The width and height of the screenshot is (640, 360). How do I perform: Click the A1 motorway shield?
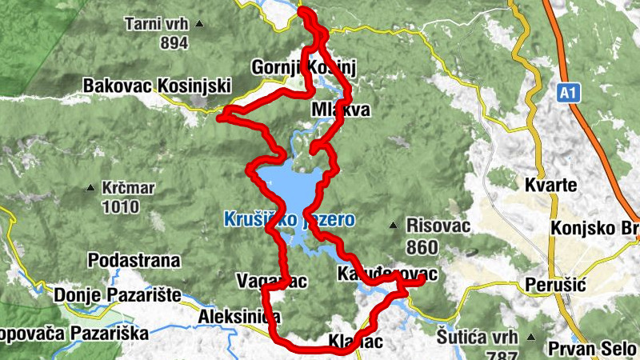pyautogui.click(x=567, y=94)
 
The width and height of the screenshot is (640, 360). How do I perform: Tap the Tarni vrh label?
pyautogui.click(x=156, y=24)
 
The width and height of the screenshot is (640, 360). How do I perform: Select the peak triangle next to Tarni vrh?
pyautogui.click(x=200, y=24)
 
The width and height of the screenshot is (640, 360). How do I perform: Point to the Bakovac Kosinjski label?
pyautogui.click(x=157, y=86)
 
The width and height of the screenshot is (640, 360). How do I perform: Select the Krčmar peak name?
pyautogui.click(x=128, y=190)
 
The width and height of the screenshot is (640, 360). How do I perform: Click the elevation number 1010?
pyautogui.click(x=120, y=207)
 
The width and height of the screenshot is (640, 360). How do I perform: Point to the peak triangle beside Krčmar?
pyautogui.click(x=90, y=190)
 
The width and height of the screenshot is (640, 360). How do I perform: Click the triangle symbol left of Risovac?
pyautogui.click(x=393, y=225)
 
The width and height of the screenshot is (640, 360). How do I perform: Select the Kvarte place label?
pyautogui.click(x=550, y=186)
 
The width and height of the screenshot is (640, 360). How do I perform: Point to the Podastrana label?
pyautogui.click(x=134, y=261)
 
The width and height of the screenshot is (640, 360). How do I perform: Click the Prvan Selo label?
pyautogui.click(x=591, y=349)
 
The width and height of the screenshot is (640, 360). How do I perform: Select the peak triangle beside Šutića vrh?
pyautogui.click(x=532, y=337)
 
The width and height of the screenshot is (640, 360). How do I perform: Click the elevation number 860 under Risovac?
pyautogui.click(x=422, y=246)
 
